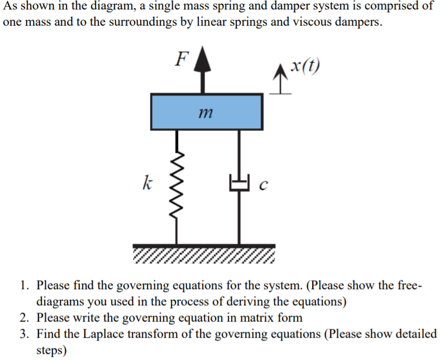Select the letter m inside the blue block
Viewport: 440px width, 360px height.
205,113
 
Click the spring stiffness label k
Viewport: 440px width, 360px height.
146,181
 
